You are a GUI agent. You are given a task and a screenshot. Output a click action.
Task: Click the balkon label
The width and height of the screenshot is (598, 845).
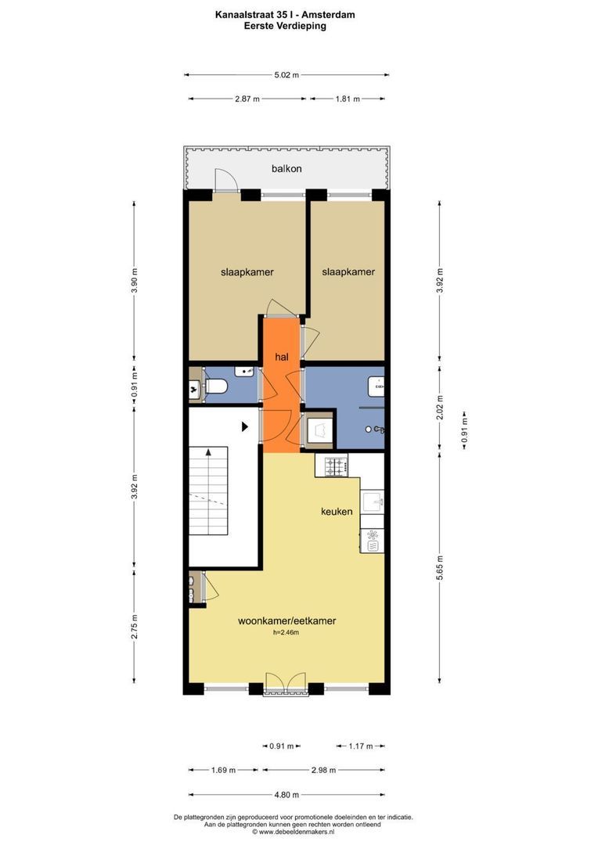[x=286, y=168]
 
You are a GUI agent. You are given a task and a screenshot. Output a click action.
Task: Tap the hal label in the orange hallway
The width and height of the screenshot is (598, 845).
[x=282, y=357]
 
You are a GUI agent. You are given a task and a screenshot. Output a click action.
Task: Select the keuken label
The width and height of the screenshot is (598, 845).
[x=337, y=512]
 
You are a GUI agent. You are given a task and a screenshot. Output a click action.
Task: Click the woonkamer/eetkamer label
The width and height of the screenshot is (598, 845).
[x=287, y=620]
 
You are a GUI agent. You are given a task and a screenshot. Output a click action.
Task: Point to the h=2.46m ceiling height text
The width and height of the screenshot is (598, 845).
[x=286, y=633]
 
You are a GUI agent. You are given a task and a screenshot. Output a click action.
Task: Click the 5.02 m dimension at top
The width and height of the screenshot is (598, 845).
[x=286, y=75]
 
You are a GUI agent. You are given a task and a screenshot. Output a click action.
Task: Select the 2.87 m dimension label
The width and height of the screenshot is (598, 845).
[x=247, y=99]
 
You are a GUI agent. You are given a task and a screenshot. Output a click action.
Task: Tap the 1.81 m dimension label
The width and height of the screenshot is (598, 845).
[x=348, y=99]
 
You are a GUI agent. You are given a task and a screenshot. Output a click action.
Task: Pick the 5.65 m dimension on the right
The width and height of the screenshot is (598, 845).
[x=440, y=565]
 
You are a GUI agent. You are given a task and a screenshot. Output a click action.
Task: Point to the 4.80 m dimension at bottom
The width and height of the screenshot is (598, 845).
[x=286, y=794]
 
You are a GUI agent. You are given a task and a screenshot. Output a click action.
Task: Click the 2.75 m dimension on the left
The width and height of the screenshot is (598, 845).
[x=134, y=633]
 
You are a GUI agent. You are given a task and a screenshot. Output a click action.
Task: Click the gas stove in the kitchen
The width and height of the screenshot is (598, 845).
[x=337, y=467]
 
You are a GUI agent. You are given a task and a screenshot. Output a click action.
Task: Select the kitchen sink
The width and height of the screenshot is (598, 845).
[x=373, y=501]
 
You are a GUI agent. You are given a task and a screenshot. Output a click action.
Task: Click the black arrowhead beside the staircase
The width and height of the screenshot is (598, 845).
[x=245, y=427]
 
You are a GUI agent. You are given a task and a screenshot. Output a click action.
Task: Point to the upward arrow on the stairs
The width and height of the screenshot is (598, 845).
[x=208, y=451]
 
